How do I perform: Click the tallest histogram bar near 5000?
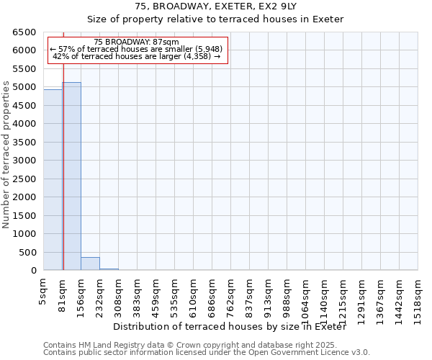pyautogui.click(x=71, y=176)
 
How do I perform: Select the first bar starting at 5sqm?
pyautogui.click(x=53, y=180)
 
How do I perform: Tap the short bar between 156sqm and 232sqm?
pyautogui.click(x=90, y=264)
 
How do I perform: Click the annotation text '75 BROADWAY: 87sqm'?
pyautogui.click(x=136, y=42)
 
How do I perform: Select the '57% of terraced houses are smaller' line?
pyautogui.click(x=136, y=49)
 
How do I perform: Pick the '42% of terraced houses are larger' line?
pyautogui.click(x=136, y=56)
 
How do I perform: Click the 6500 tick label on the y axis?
pyautogui.click(x=24, y=32)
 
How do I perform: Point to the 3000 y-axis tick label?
pyautogui.click(x=24, y=161)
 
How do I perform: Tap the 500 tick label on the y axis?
pyautogui.click(x=27, y=253)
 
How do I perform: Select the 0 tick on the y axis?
pyautogui.click(x=34, y=271)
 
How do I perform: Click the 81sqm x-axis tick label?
pyautogui.click(x=63, y=292)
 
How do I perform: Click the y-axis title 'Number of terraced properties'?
pyautogui.click(x=6, y=154)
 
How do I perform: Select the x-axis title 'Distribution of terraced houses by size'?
pyautogui.click(x=230, y=327)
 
